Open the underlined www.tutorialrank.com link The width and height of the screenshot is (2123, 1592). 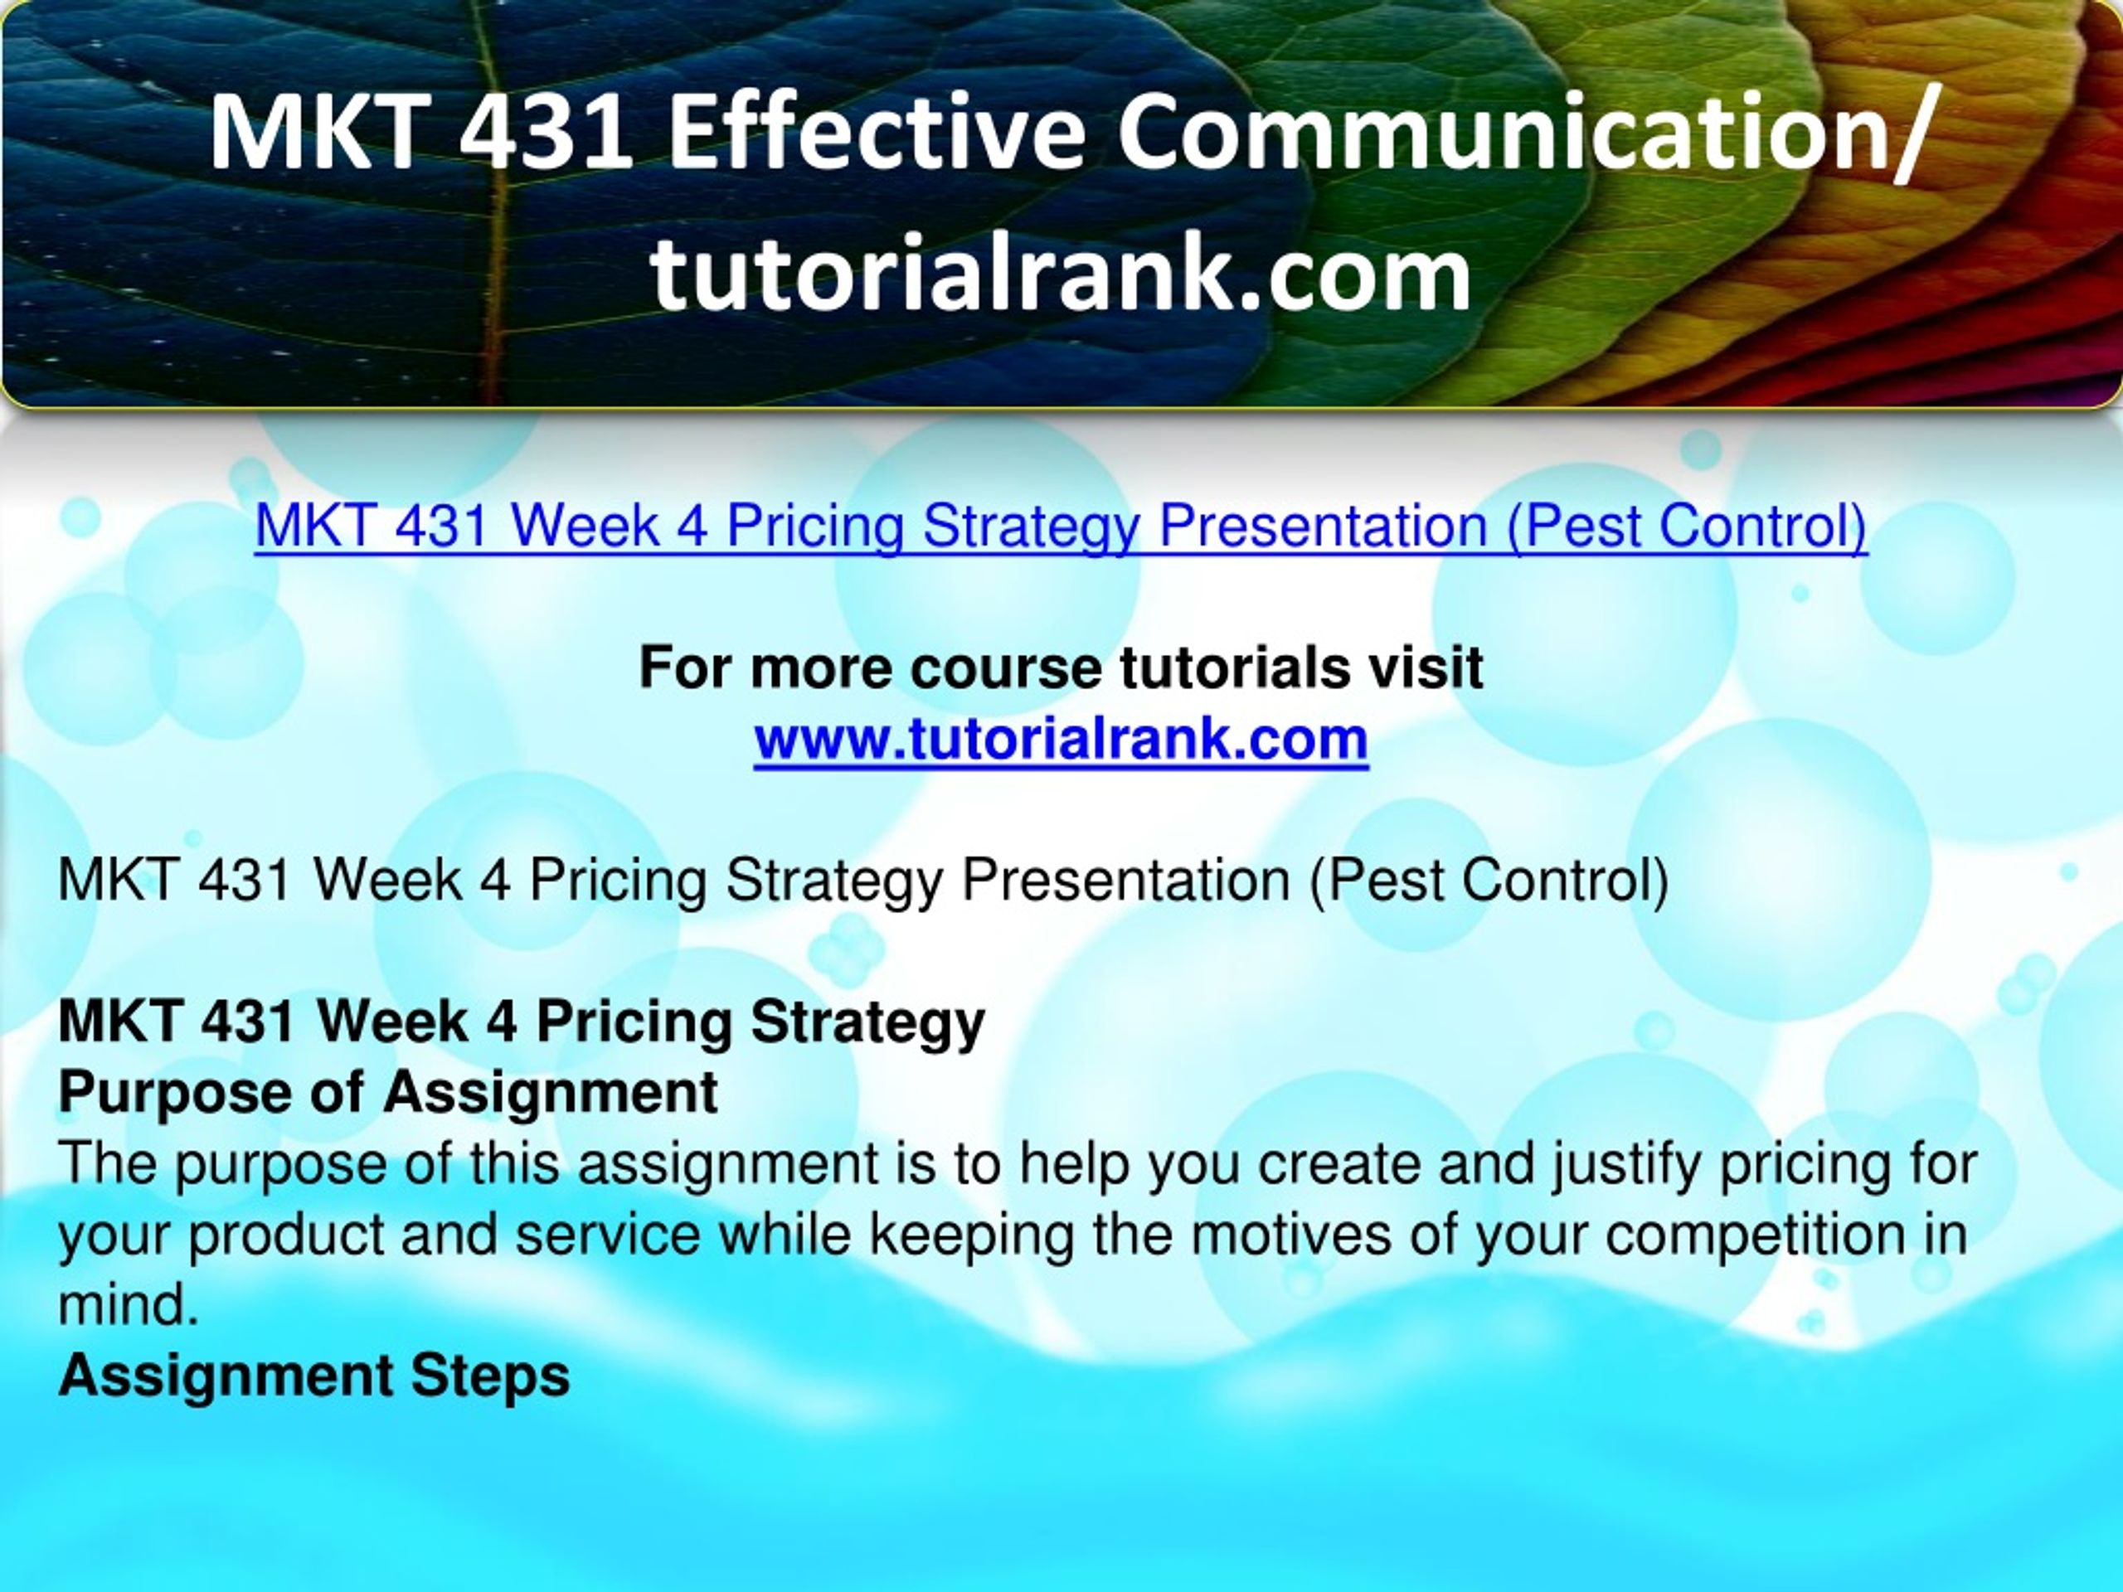[1061, 739]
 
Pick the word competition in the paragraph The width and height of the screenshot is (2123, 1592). [1756, 1235]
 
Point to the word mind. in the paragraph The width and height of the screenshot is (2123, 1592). [129, 1304]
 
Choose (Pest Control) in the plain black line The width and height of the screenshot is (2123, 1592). [1489, 880]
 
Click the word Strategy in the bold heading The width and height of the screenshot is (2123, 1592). [867, 1022]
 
